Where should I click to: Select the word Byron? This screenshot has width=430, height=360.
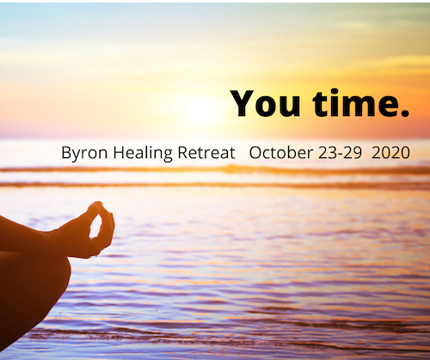[84, 153]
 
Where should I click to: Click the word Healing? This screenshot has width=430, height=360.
[143, 153]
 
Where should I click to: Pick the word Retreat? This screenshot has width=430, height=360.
[206, 152]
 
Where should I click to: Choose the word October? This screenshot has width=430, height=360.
[281, 152]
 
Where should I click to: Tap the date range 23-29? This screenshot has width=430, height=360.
[340, 153]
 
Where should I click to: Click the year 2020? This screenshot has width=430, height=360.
[390, 153]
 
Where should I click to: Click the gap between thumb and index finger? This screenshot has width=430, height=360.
[95, 226]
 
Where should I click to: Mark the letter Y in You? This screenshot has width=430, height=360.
[243, 103]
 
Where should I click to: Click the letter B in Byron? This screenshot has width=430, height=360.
[66, 152]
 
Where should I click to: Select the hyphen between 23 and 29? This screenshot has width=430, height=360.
[340, 155]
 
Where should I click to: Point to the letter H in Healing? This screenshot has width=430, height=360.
[119, 152]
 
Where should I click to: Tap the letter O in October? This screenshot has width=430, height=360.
[255, 153]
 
